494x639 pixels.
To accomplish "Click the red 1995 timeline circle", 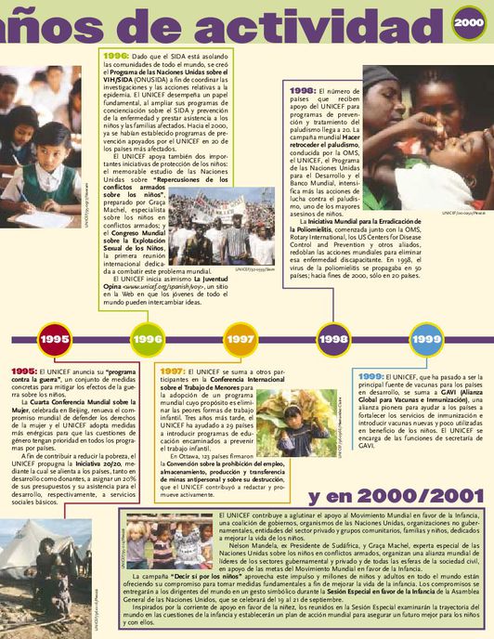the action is tap(55, 339).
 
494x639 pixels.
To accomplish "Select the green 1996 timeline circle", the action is tap(148, 339).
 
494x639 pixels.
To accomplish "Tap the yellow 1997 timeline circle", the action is tap(240, 339).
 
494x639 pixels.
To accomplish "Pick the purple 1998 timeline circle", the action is tap(332, 339).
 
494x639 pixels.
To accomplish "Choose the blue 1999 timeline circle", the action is tap(425, 339).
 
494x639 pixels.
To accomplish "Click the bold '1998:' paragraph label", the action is tap(303, 91).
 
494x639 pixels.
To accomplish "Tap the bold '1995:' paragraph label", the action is tap(23, 371).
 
